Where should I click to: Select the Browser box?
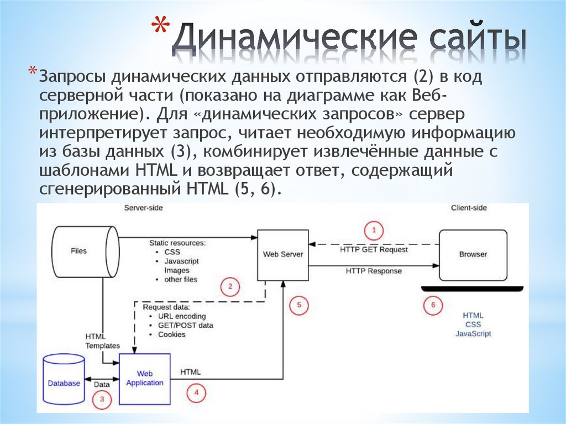click(x=473, y=254)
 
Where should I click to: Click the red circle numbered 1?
click(x=374, y=229)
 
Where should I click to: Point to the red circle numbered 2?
click(x=230, y=286)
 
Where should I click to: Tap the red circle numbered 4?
click(x=196, y=393)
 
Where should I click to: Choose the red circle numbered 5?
click(x=299, y=304)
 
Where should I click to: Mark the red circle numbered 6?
click(x=433, y=305)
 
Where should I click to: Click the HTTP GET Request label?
click(x=374, y=249)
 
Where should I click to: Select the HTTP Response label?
click(x=374, y=271)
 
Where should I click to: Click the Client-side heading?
click(x=469, y=208)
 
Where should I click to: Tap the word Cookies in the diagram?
click(x=172, y=334)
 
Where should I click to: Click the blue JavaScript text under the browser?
click(x=473, y=334)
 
